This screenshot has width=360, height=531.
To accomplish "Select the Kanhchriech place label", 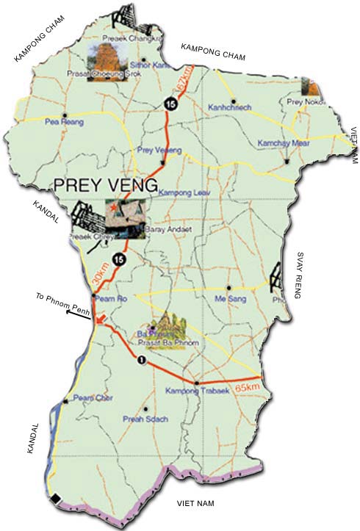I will tap(231, 107).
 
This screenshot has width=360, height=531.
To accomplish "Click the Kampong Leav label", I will tap(179, 192).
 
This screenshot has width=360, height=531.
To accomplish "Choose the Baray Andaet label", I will tap(161, 229).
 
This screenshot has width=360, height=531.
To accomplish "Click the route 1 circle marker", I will tap(140, 361).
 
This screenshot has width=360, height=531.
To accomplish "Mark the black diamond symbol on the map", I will tap(56, 499).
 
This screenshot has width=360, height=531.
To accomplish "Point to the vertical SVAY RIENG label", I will tap(300, 275).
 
